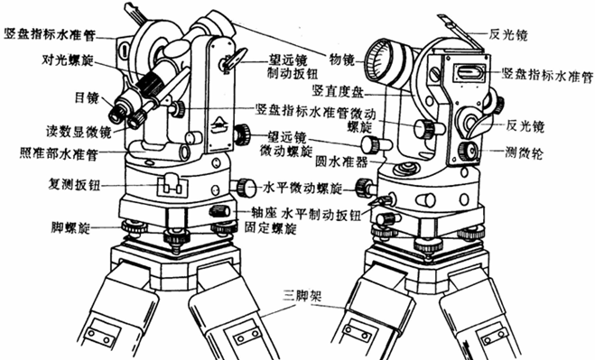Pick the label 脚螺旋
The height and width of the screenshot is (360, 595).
pos(70,224)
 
